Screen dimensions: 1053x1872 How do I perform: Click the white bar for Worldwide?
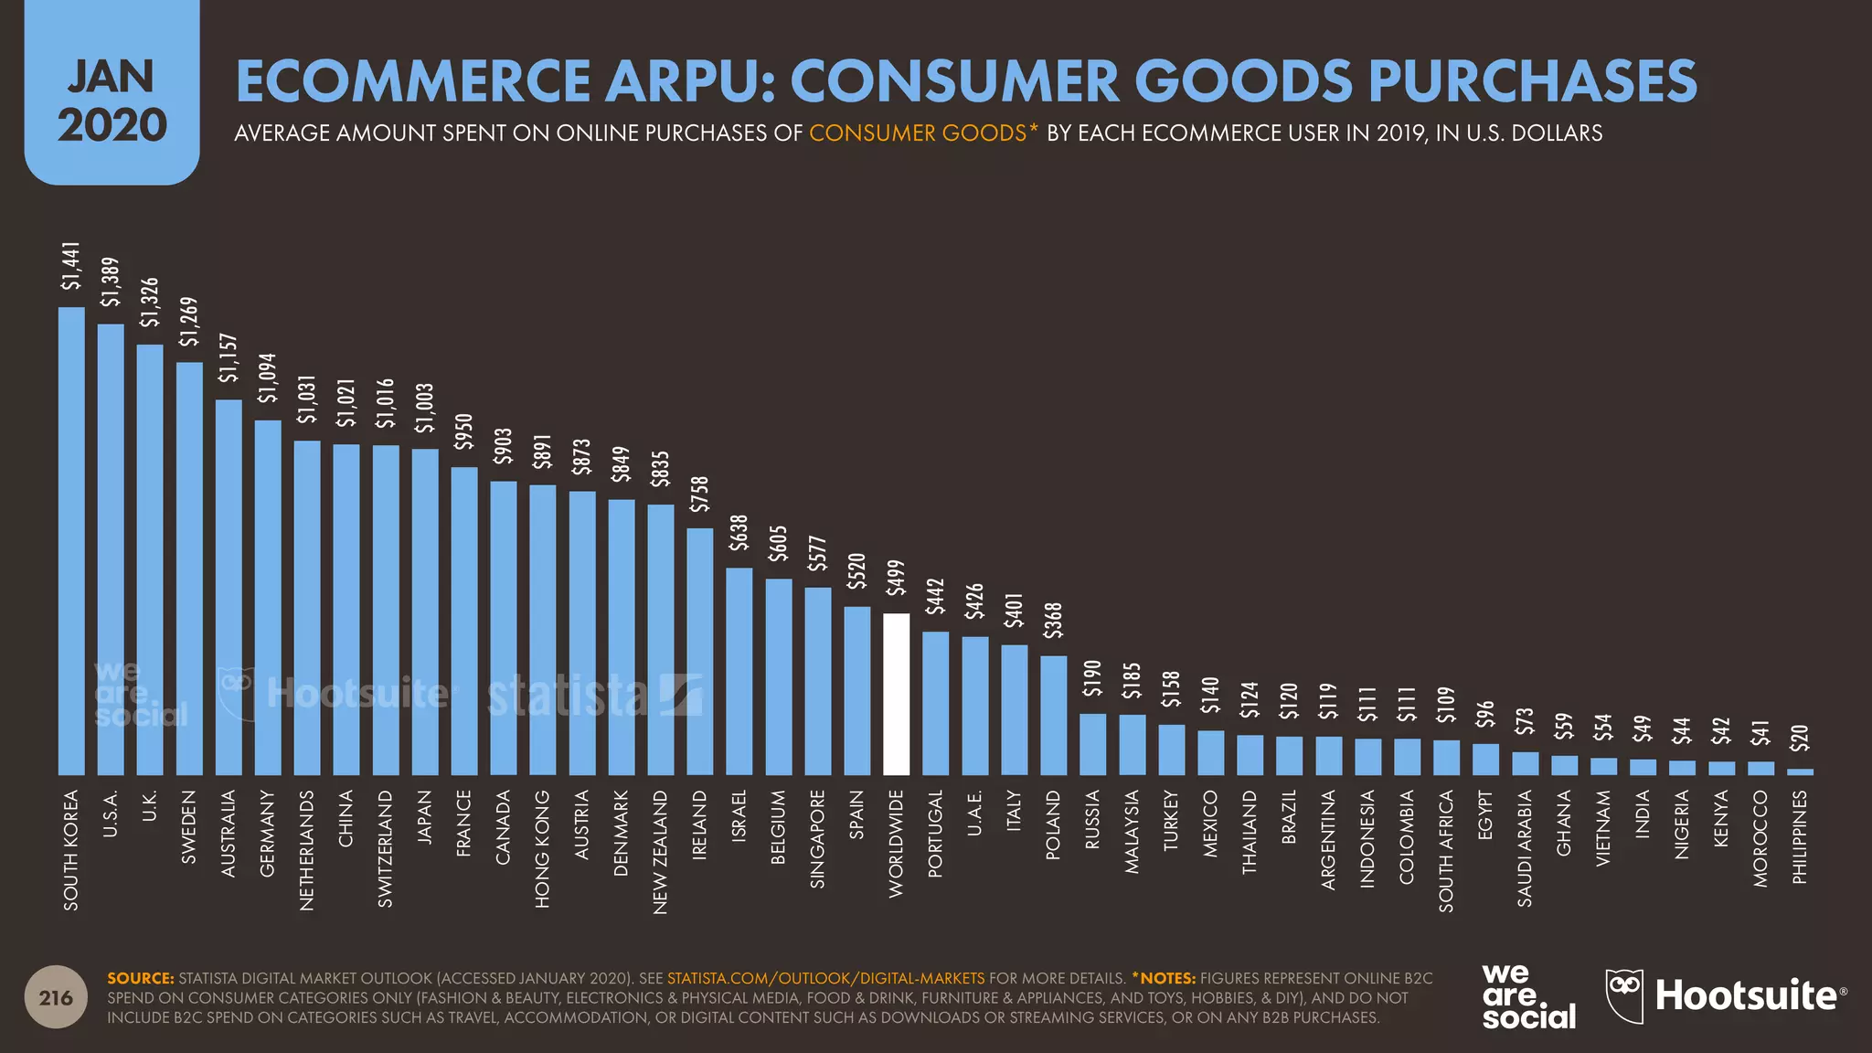[x=896, y=695]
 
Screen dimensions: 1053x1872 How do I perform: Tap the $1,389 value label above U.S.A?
[x=111, y=282]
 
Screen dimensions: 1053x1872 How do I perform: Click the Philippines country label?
[x=1800, y=836]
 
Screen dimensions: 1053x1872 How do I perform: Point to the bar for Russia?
[x=1092, y=744]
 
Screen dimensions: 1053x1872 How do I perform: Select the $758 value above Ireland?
[x=699, y=495]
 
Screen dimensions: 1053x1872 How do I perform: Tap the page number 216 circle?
[x=56, y=997]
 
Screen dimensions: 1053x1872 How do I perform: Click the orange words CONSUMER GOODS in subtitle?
[x=917, y=133]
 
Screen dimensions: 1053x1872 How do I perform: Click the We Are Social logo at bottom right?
[x=1527, y=997]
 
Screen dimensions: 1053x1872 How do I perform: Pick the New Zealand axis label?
[x=661, y=852]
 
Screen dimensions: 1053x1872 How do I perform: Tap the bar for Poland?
[x=1053, y=715]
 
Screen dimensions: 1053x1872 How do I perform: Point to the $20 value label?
[x=1799, y=738]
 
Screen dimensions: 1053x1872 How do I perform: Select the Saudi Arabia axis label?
[x=1525, y=849]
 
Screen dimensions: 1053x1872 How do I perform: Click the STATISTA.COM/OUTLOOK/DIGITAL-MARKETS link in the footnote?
[x=825, y=978]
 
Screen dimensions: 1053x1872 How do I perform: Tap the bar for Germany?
[x=268, y=598]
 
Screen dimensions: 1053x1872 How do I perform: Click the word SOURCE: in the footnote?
[x=140, y=978]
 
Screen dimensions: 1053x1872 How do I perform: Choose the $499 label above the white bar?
[x=896, y=578]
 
